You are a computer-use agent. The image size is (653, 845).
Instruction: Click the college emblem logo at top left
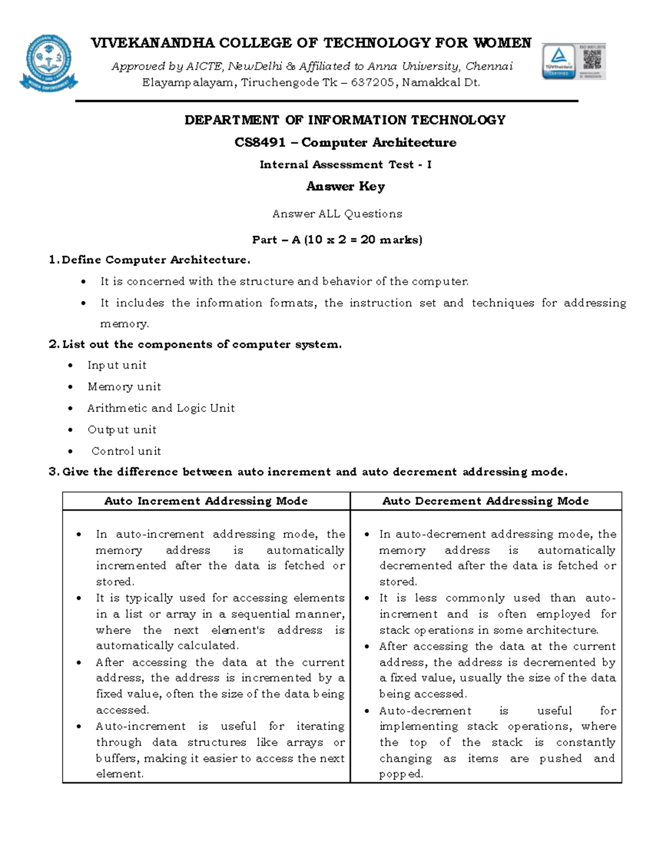coord(48,63)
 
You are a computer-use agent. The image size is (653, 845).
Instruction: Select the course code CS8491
coord(260,143)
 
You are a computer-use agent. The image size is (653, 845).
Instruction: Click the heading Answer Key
coord(345,186)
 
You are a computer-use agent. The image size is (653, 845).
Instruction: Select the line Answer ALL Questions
coord(337,214)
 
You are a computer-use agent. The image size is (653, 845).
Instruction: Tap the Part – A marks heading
coord(337,239)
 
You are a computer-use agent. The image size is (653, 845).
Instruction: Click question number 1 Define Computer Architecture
coord(150,260)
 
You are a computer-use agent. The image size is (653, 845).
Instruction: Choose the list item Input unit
coord(116,365)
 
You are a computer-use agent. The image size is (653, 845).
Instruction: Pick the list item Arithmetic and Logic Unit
coord(161,408)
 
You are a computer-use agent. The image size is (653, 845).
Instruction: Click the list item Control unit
coord(126,451)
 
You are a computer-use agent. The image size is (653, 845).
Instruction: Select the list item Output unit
coord(122,430)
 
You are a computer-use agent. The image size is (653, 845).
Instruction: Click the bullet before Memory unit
coord(70,387)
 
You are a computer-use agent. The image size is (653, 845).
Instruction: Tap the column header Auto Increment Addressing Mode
coord(206,501)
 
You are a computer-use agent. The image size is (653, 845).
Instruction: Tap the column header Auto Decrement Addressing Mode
coord(485,501)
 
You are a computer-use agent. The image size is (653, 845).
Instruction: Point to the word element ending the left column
coord(119,774)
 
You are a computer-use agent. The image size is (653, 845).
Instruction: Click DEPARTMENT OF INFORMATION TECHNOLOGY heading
coord(345,120)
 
